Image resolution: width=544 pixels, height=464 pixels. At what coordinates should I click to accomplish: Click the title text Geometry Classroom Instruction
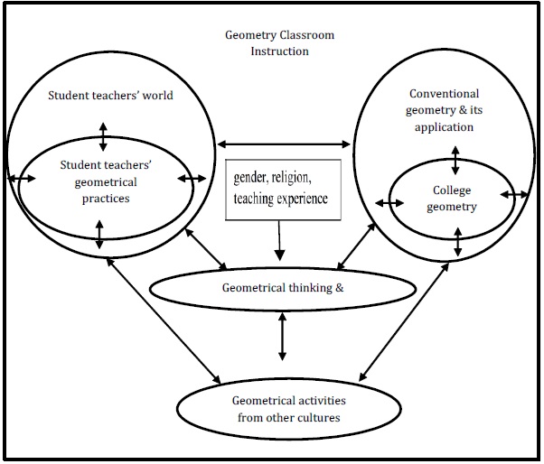point(280,43)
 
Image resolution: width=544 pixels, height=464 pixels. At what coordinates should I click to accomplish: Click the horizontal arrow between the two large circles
point(283,143)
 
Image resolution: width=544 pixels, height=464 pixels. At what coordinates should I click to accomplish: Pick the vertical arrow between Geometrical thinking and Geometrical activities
point(283,337)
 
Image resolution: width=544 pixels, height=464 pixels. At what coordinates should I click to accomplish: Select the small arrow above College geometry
point(455,160)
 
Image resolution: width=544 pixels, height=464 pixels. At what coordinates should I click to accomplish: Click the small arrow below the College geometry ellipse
point(459,242)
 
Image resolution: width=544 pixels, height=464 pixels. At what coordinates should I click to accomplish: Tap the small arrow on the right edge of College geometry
point(515,196)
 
